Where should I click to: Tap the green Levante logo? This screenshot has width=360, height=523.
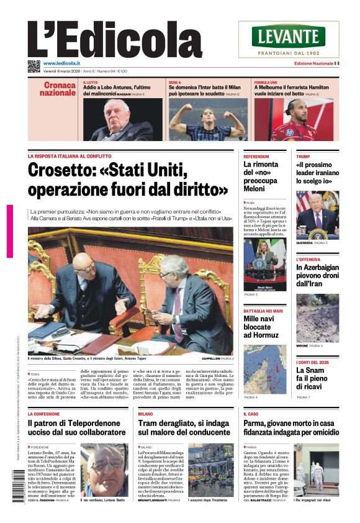click(x=288, y=35)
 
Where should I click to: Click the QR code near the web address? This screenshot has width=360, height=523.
click(x=34, y=66)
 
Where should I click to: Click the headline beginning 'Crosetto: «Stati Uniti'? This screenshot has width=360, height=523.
click(x=128, y=178)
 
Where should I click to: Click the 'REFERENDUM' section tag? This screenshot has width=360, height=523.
click(x=256, y=157)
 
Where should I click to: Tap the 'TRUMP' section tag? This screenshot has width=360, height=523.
click(x=304, y=157)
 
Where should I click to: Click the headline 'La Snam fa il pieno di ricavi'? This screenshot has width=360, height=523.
click(x=314, y=379)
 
